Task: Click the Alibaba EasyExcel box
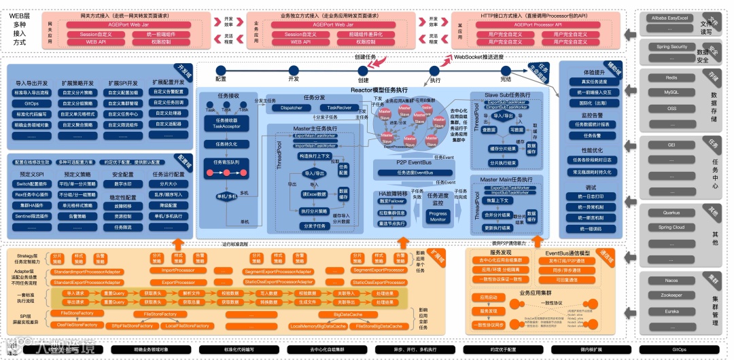point(671,18)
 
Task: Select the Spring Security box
point(671,47)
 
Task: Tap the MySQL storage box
point(671,92)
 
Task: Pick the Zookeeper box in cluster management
point(671,295)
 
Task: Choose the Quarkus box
point(671,213)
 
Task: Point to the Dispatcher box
point(292,107)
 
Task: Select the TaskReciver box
point(339,107)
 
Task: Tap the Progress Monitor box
point(438,217)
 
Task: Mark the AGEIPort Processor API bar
point(538,24)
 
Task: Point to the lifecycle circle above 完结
point(506,69)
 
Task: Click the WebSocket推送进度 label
point(479,57)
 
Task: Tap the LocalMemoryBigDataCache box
point(318,326)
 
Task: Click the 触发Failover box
point(393,201)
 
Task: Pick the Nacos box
point(671,281)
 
